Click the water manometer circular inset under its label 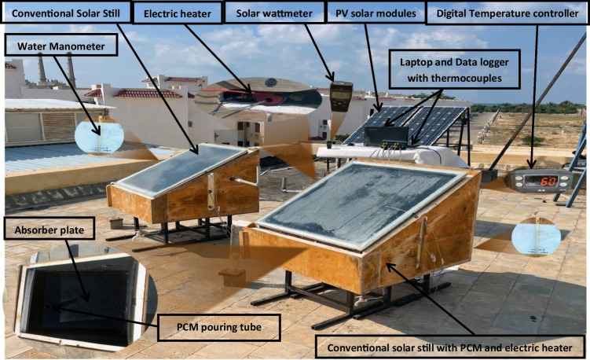[x=99, y=135]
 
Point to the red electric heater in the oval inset [x=251, y=97]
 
